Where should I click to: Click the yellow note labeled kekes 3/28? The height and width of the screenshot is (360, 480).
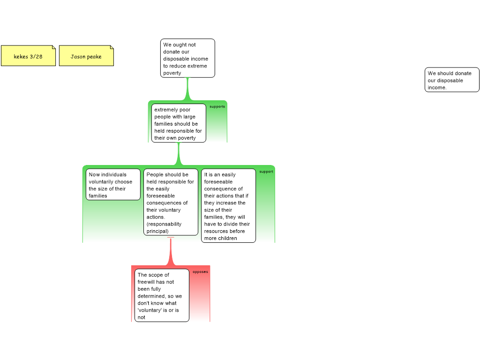[x=28, y=56]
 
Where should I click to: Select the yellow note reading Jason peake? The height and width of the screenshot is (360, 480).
[x=86, y=56]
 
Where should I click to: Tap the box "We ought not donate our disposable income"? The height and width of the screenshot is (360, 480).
[x=187, y=58]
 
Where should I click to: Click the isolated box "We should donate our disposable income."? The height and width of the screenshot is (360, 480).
[x=452, y=80]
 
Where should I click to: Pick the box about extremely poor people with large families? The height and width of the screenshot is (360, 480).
[x=179, y=123]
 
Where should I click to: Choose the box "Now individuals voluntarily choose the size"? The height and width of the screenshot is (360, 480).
[x=113, y=185]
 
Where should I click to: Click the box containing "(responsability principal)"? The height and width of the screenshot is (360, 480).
[x=171, y=202]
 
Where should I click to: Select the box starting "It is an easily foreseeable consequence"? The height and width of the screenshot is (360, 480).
[x=228, y=206]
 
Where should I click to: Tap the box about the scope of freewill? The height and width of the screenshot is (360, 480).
[x=162, y=295]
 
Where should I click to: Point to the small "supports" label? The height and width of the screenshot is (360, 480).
[x=217, y=106]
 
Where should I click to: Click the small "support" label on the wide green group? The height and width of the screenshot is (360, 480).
[x=266, y=172]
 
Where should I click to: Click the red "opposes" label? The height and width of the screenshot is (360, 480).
[x=200, y=272]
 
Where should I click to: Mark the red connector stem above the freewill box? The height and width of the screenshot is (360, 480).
[x=171, y=252]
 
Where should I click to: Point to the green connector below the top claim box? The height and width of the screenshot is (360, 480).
[x=187, y=89]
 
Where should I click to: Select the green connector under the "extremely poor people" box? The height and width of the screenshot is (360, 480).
[x=179, y=154]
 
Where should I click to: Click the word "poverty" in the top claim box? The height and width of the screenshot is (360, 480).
[x=172, y=73]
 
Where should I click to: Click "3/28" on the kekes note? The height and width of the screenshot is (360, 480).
[x=36, y=57]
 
